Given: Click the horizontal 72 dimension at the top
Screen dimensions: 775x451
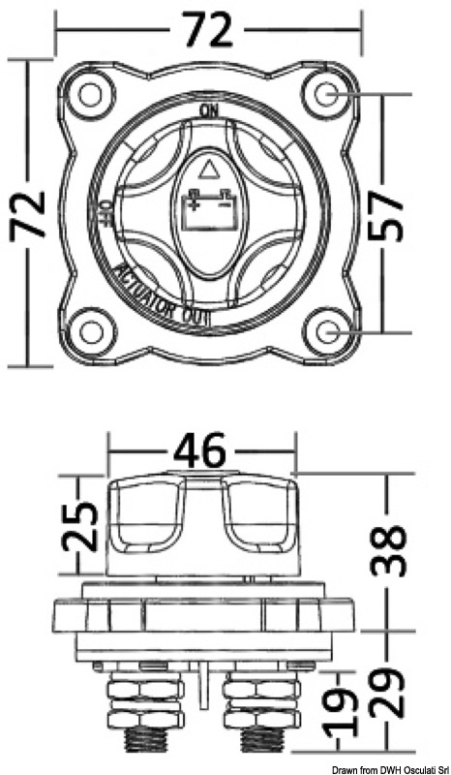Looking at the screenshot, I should point(208,31).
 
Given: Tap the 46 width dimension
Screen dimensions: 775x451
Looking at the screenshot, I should point(201,451).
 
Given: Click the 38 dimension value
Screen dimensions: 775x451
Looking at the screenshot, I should point(389,552).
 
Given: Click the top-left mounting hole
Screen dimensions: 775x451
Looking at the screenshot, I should point(91,95).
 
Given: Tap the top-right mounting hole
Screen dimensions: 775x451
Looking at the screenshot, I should point(325,95).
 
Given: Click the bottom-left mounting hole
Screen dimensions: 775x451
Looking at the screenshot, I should point(91,331).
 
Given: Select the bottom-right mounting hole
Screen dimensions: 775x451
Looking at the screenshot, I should point(325,331).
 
